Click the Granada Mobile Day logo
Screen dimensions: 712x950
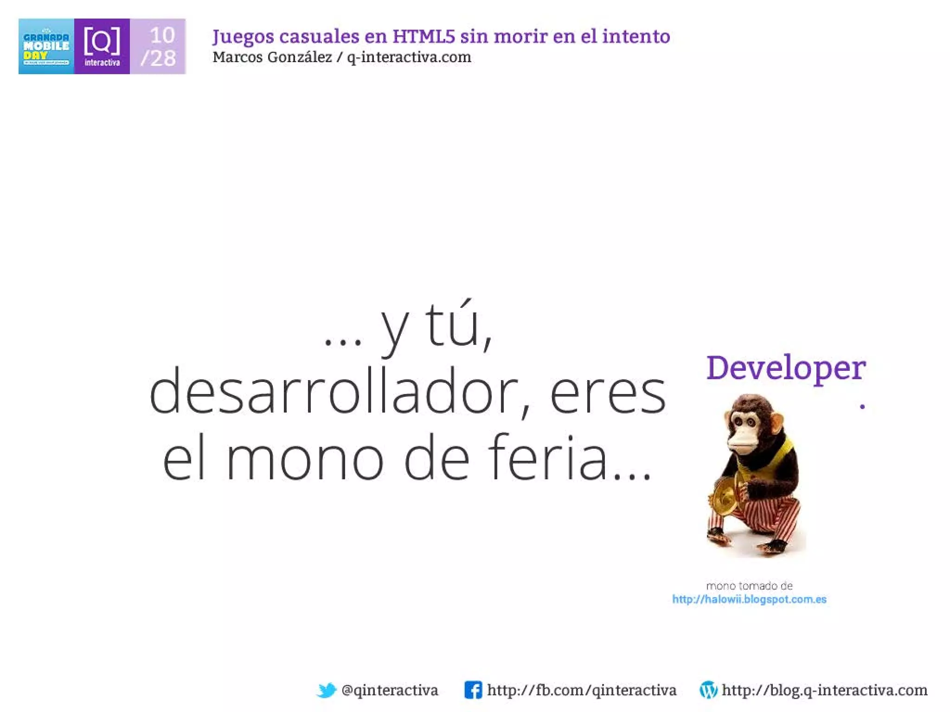click(x=46, y=46)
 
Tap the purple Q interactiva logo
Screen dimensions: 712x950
click(x=102, y=46)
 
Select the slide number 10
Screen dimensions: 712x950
click(x=162, y=35)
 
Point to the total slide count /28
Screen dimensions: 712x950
click(x=158, y=58)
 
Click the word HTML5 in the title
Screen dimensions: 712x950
click(x=424, y=36)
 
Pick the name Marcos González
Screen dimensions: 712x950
click(x=272, y=57)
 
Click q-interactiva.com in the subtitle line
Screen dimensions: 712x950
click(x=409, y=57)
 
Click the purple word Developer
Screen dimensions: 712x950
click(x=786, y=369)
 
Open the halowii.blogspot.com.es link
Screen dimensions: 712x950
click(x=749, y=599)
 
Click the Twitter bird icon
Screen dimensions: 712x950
click(x=327, y=690)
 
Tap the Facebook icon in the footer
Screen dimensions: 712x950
click(x=473, y=690)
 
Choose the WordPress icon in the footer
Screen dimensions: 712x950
click(x=708, y=690)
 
